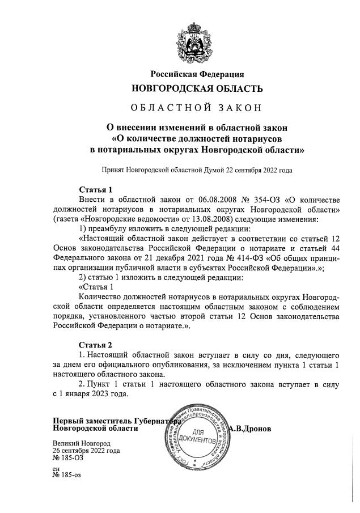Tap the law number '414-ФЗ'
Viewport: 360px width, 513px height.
coord(223,258)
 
